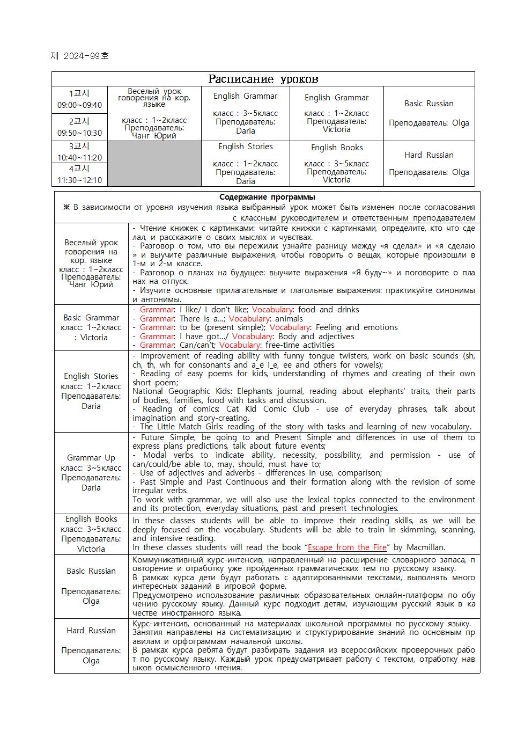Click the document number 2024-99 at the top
pos(79,56)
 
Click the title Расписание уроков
pos(263,79)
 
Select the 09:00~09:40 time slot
pos(79,105)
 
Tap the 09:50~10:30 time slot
pos(79,133)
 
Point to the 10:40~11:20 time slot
pos(79,158)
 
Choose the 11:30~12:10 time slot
pos(79,180)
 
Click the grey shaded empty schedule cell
pos(154,164)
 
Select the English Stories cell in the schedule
pos(245,147)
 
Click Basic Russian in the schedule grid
pos(428,104)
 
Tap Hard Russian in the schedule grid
pos(428,155)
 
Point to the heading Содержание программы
pos(267,197)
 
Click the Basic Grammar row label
pos(91,318)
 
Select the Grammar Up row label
pos(91,458)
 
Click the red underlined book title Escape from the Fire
pos(347,547)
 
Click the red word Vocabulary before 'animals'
pos(249,319)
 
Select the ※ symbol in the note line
pos(66,207)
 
